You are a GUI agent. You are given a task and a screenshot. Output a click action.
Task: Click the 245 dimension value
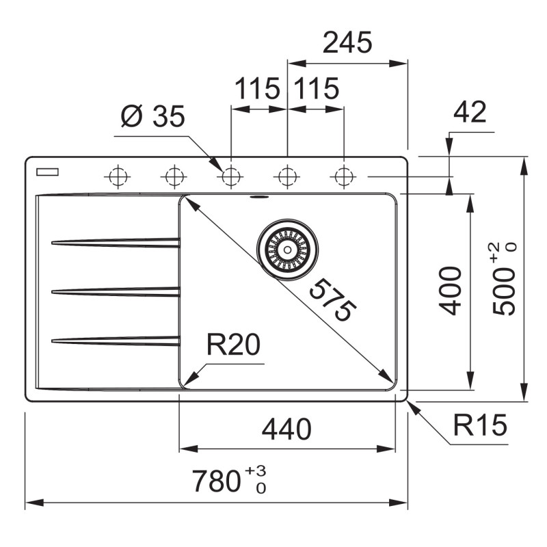(347, 42)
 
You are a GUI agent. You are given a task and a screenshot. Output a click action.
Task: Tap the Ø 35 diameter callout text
(152, 116)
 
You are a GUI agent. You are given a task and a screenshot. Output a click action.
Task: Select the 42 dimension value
(470, 112)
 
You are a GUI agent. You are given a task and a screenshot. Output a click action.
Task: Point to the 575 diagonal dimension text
(333, 300)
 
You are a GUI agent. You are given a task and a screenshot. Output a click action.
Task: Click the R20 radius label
(233, 345)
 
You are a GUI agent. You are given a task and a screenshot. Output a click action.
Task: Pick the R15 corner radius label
(480, 425)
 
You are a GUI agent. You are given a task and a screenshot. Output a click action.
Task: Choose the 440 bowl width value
(286, 429)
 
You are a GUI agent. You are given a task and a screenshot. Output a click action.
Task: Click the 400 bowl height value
(450, 291)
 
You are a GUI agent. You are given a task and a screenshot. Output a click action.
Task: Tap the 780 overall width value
(216, 481)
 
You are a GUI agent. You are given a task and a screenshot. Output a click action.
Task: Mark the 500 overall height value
(504, 291)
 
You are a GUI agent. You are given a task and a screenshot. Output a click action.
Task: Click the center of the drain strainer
(287, 250)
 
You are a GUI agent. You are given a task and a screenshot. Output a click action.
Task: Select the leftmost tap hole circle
(118, 176)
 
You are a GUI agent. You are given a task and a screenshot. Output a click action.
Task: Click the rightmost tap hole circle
(343, 176)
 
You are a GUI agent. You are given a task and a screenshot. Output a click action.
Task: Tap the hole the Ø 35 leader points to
(230, 176)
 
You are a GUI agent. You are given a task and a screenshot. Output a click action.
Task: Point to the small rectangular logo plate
(47, 172)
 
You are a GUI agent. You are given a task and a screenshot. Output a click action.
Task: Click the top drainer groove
(116, 243)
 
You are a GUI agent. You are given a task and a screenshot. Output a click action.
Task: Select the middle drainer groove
(116, 292)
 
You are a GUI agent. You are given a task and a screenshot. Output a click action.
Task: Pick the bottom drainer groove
(116, 341)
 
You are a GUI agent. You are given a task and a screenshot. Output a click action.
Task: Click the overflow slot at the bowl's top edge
(259, 198)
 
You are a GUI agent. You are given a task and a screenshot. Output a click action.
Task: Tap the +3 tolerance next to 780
(255, 470)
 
